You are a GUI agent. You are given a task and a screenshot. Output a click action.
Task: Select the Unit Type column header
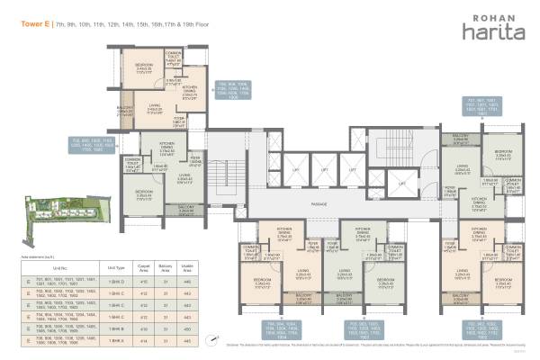115,267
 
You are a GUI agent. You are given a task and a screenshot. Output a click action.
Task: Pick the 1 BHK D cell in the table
115,283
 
